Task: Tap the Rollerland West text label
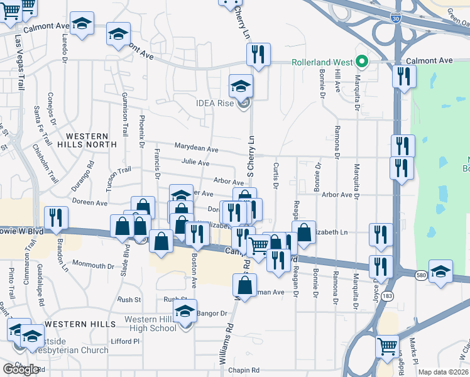pyautogui.click(x=321, y=62)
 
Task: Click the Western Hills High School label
pyautogui.click(x=150, y=324)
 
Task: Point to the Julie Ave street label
pyautogui.click(x=195, y=163)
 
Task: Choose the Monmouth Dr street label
pyautogui.click(x=93, y=266)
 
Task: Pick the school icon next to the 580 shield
pyautogui.click(x=440, y=273)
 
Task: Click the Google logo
pyautogui.click(x=21, y=369)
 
